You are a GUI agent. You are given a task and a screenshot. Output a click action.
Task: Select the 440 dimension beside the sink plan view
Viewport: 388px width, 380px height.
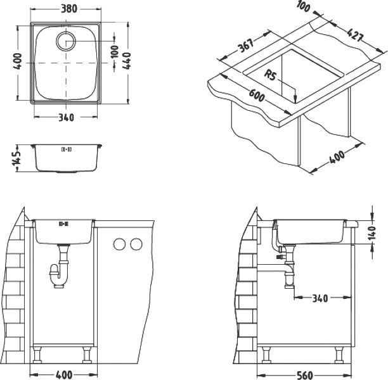coord(128,61)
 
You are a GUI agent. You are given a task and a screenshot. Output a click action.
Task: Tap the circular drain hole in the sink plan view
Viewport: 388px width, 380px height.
coord(66,42)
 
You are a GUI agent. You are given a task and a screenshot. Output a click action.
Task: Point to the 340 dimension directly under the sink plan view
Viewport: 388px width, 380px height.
coord(65,118)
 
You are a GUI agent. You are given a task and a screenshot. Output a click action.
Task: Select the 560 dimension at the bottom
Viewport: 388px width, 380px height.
coord(305,375)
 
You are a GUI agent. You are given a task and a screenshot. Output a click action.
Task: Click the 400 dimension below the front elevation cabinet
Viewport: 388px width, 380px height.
coord(63,375)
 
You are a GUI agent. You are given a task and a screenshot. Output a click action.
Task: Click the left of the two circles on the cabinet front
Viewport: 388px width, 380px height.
coord(119,244)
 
